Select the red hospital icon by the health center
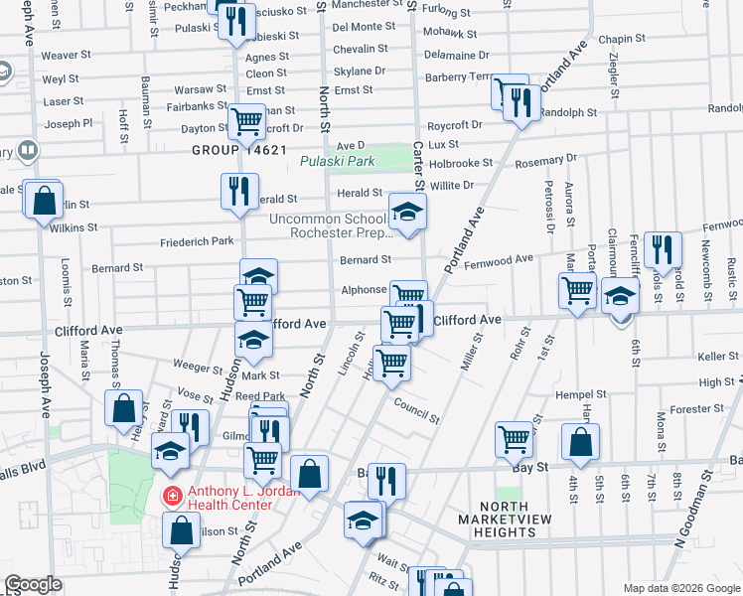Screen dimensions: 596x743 (x=173, y=495)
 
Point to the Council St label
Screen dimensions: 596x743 (x=415, y=409)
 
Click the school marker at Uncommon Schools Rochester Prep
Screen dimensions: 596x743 (x=405, y=213)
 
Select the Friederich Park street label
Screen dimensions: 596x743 (x=197, y=241)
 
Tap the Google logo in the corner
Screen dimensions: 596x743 (x=33, y=584)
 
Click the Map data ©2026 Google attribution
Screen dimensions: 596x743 (x=681, y=588)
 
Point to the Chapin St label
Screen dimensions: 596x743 (x=623, y=39)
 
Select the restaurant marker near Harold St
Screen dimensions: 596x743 (x=662, y=250)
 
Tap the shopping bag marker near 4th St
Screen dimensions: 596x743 (x=580, y=444)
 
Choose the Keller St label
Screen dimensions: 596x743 (x=711, y=356)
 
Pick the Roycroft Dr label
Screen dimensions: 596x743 (x=454, y=125)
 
